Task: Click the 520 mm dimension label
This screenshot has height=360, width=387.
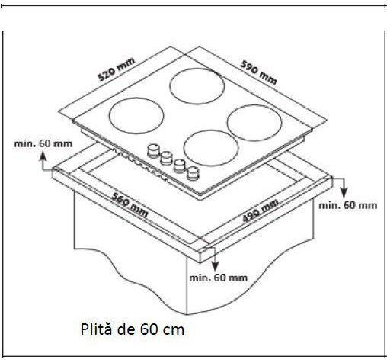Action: click(117, 69)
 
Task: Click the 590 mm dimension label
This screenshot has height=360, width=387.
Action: click(258, 72)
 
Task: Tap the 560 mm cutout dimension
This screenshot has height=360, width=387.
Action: click(130, 205)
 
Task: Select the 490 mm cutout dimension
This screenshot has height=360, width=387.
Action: click(261, 211)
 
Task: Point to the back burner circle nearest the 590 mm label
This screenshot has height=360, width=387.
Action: click(197, 86)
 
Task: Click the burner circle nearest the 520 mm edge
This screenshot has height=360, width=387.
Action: click(136, 116)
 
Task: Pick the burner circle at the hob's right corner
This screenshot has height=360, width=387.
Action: click(254, 123)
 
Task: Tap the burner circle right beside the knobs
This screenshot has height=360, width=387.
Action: click(211, 148)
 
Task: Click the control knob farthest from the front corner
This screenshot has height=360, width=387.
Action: click(153, 150)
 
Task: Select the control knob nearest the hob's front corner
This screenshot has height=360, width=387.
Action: click(193, 173)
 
